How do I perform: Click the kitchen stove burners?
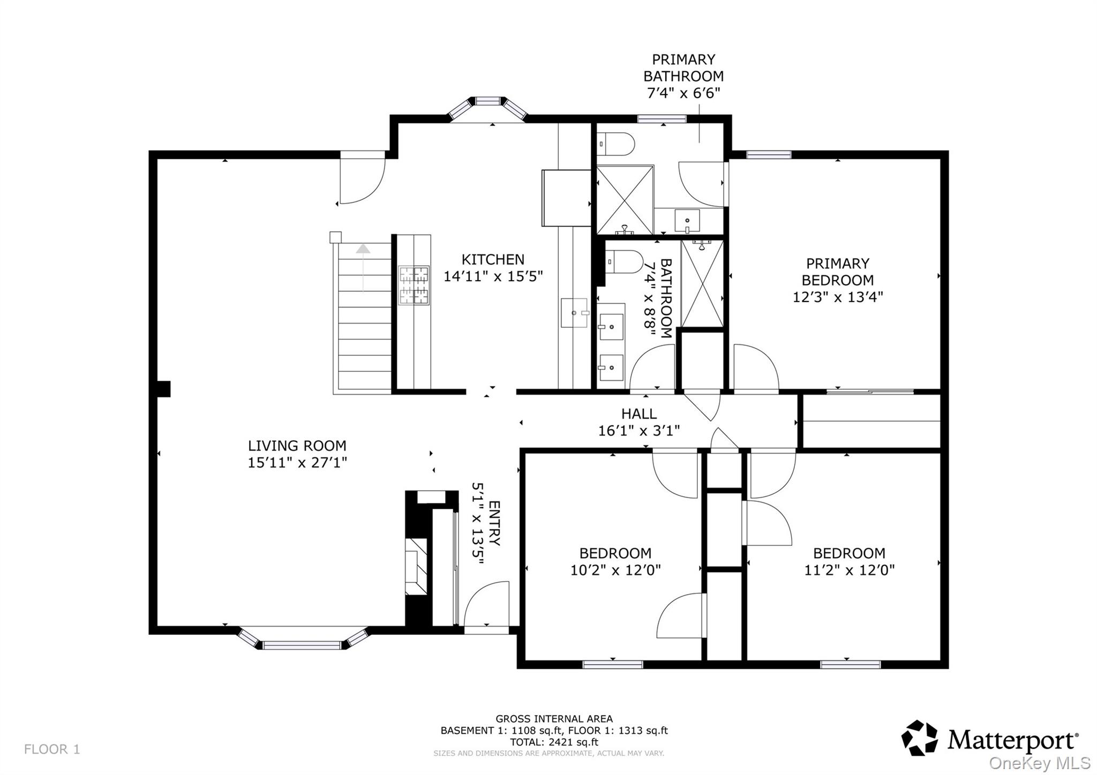pyautogui.click(x=414, y=285)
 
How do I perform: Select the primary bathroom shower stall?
pyautogui.click(x=625, y=200)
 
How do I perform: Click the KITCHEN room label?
pyautogui.click(x=493, y=260)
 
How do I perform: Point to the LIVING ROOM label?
pyautogui.click(x=297, y=446)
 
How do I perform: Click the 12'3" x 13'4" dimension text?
pyautogui.click(x=837, y=297)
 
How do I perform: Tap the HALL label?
pyautogui.click(x=638, y=413)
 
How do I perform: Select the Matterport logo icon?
pyautogui.click(x=919, y=739)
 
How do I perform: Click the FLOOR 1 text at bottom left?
pyautogui.click(x=52, y=749)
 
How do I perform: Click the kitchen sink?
pyautogui.click(x=574, y=313)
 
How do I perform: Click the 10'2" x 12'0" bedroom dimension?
pyautogui.click(x=615, y=570)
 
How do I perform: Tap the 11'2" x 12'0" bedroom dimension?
pyautogui.click(x=849, y=570)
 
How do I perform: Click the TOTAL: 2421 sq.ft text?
pyautogui.click(x=554, y=742)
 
